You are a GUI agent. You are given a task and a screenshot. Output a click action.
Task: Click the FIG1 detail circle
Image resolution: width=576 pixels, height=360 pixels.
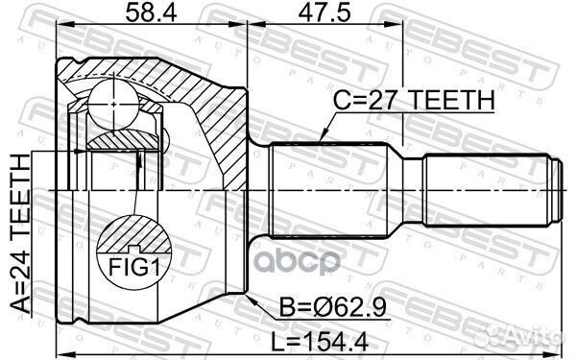tap(134, 253)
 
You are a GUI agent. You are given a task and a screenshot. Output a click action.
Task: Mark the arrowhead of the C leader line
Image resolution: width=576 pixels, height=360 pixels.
tap(322, 139)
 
